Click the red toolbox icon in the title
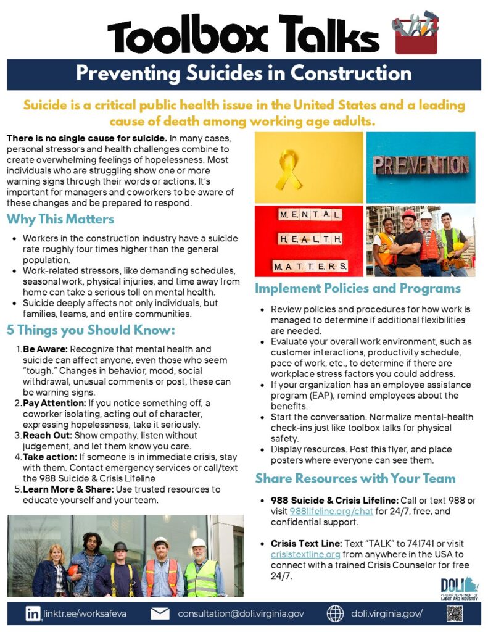point(415,31)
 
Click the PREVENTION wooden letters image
point(421,166)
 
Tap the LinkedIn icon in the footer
point(32,613)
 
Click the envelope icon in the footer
point(160,613)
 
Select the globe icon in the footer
point(335,613)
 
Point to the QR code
point(454,613)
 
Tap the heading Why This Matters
point(60,219)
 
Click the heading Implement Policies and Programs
point(358,288)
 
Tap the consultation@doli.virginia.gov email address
point(241,614)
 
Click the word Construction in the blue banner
point(351,73)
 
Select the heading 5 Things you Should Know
point(91,330)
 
